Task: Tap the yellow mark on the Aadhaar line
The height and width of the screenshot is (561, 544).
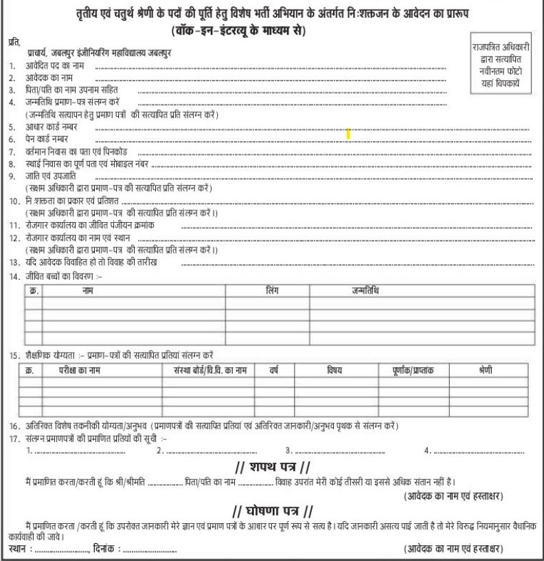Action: (348, 134)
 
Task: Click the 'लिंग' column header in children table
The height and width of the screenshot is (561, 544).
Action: (271, 293)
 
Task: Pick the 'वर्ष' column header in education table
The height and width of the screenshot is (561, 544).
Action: (273, 371)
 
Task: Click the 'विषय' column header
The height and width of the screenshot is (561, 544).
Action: (334, 371)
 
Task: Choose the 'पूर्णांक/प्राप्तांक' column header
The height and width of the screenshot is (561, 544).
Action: (409, 371)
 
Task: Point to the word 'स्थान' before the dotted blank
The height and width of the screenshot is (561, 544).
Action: (19, 549)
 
